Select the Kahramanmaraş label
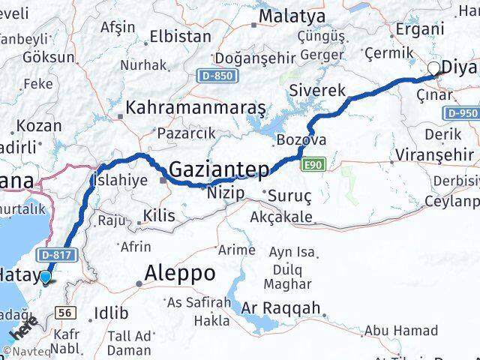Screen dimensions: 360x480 [196, 107]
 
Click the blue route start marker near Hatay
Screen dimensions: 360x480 [46, 277]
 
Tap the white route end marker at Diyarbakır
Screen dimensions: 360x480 [433, 70]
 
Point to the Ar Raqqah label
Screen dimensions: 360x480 [281, 307]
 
